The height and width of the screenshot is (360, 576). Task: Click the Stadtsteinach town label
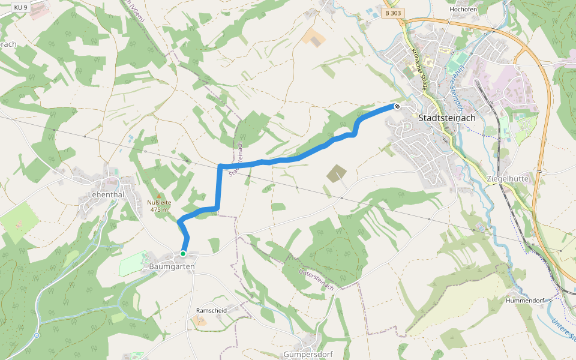pos(447,118)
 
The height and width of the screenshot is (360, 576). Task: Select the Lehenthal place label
pos(106,195)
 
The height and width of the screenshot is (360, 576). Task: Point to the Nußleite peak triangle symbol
pos(159,196)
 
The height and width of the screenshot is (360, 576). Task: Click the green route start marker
pos(183,254)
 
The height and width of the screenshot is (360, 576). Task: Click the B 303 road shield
pos(393,13)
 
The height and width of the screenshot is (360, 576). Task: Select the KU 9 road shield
pos(21,7)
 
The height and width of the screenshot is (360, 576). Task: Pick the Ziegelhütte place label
pos(508,179)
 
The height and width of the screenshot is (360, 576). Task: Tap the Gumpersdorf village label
pos(308,354)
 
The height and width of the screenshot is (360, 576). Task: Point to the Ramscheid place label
pos(211,310)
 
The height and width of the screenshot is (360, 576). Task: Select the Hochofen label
pos(463,10)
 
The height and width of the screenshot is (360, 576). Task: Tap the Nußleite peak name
pos(160,203)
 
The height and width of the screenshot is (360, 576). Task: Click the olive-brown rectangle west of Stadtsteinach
pos(337,173)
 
